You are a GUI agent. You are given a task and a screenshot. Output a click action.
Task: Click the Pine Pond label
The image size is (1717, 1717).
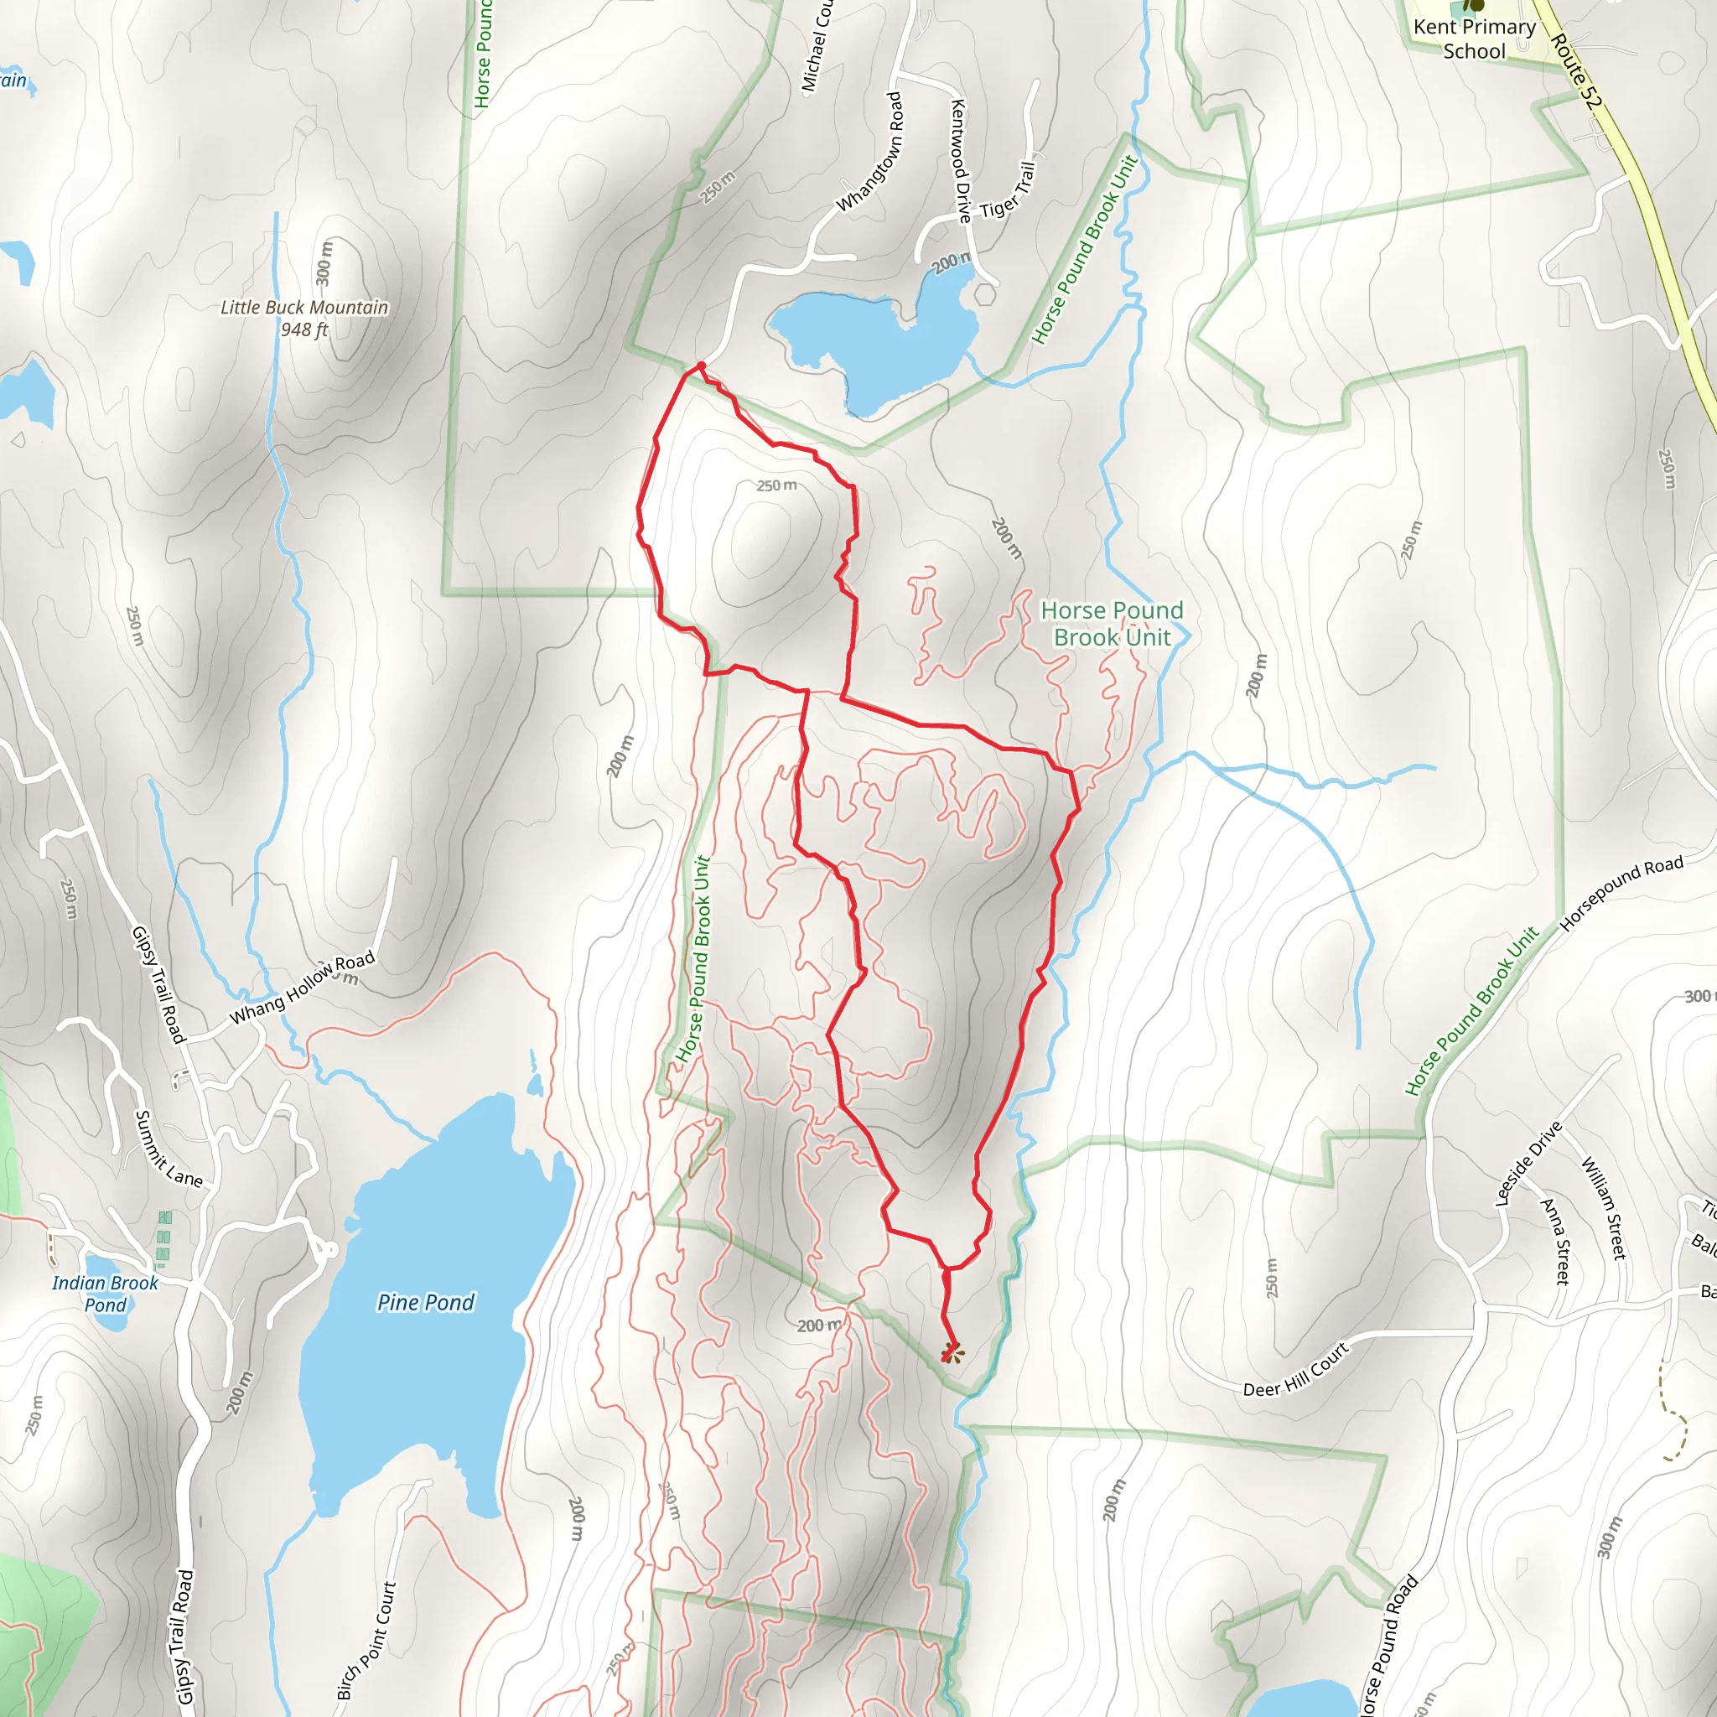[426, 1303]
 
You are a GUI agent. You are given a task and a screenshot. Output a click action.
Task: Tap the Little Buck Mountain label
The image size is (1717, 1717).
[304, 308]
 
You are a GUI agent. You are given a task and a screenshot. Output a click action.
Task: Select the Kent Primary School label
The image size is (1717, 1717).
[1475, 39]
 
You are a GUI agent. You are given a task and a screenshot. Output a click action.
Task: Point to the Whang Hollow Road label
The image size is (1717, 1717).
[302, 988]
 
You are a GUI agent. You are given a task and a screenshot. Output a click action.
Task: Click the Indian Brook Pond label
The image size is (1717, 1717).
[105, 1294]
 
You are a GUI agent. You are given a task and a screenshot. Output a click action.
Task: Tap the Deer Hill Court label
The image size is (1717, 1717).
[1296, 1370]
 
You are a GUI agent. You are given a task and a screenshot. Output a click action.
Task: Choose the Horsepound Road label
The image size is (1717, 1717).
[1621, 893]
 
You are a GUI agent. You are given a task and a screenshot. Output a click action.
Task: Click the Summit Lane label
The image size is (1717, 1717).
[168, 1150]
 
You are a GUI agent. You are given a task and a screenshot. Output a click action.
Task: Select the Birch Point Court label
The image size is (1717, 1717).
[366, 1641]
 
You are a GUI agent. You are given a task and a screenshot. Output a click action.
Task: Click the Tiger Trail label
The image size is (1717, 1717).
[1008, 190]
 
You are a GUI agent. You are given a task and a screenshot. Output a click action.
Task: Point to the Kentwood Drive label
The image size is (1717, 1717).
[961, 161]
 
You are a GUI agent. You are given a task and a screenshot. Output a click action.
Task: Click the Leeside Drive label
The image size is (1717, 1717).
[1528, 1165]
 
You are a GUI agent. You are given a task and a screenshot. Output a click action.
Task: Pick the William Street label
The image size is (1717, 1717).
[1603, 1208]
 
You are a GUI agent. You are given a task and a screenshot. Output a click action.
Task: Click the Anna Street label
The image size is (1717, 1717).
[1556, 1242]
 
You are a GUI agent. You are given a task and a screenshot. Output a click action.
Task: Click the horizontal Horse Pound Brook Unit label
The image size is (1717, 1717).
[1112, 624]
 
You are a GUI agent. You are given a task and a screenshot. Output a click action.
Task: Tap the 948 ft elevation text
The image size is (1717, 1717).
[304, 329]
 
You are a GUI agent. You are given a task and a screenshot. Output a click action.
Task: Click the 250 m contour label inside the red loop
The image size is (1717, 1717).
[776, 486]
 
